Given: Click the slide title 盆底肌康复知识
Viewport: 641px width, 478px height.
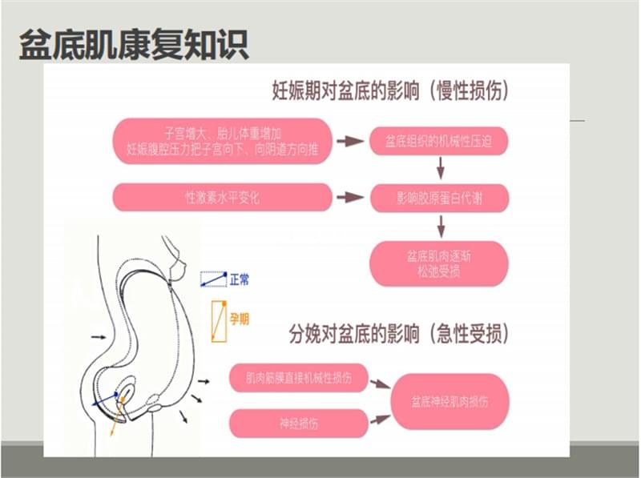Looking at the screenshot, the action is (134, 45).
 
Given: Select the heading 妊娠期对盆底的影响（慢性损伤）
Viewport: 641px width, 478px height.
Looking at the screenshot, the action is (391, 90).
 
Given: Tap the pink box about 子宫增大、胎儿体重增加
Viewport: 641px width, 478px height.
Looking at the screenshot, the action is (222, 142).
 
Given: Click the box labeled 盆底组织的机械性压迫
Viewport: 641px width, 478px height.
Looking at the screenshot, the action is (439, 142).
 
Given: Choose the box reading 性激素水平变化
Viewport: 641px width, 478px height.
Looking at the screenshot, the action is (222, 197).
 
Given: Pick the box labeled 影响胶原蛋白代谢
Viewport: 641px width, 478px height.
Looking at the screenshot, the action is (439, 198).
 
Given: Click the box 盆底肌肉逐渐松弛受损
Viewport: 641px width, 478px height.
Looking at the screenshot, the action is (439, 263).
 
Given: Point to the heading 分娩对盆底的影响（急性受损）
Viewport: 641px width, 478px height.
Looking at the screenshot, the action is (399, 334).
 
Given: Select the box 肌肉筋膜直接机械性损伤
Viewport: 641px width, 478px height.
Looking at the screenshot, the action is (298, 378).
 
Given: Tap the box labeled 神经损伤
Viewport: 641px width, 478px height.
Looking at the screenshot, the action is (298, 424).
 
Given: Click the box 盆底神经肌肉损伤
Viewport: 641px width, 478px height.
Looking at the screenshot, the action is (450, 402).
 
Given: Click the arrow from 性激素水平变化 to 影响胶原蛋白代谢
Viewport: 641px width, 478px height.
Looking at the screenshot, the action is (350, 197).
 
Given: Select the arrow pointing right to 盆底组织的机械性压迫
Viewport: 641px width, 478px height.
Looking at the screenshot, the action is (350, 142).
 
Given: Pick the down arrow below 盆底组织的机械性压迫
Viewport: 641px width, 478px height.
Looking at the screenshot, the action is (440, 168).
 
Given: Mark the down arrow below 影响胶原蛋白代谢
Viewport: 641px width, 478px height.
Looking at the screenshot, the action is (441, 227).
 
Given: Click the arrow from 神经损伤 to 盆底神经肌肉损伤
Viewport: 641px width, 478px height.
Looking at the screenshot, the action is (380, 420).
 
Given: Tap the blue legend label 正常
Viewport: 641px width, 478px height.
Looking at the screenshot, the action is (240, 280).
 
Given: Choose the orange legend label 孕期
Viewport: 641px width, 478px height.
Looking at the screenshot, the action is (239, 319).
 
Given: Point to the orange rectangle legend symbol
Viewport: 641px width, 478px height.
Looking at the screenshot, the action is (219, 322).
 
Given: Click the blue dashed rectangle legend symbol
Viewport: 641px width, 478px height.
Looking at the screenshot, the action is (213, 279).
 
